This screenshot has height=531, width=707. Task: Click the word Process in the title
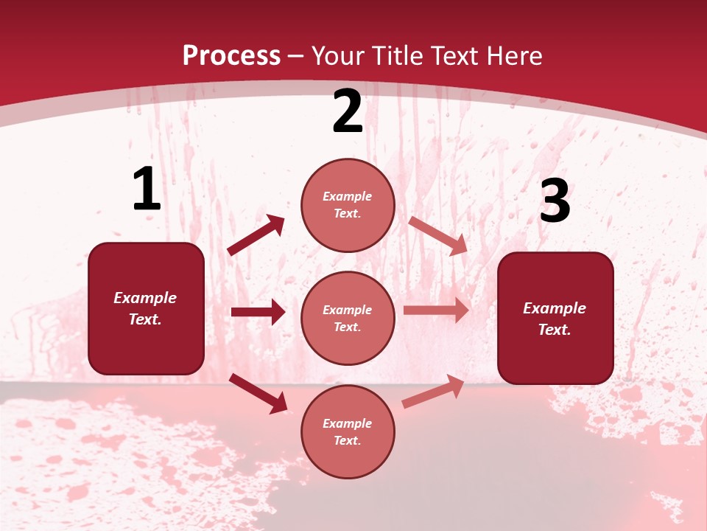coord(231,55)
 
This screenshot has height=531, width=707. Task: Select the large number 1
coord(147,190)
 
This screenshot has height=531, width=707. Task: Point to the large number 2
coord(348,111)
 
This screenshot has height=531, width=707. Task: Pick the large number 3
coord(555,201)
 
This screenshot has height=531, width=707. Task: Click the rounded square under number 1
coord(146,308)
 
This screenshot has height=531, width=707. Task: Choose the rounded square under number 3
coord(555,318)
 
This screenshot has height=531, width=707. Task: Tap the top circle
coord(348,205)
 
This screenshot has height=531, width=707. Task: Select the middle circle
coord(348,318)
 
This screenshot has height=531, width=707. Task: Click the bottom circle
coord(348,431)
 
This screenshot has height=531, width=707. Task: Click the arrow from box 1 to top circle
coord(256,235)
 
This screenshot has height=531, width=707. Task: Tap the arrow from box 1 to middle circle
coord(258,312)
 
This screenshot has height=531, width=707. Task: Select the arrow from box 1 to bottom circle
coord(258,392)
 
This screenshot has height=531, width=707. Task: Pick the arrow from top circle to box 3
coord(437,235)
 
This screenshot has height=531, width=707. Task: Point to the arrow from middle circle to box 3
coord(436,310)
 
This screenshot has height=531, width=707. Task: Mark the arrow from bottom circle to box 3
coord(433,391)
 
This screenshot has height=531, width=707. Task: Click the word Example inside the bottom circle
coord(348,423)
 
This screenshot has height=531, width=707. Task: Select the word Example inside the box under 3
coord(555,308)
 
